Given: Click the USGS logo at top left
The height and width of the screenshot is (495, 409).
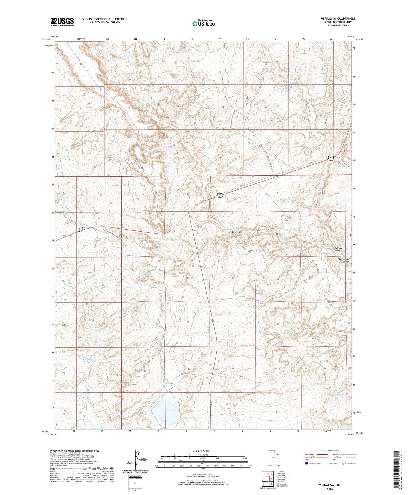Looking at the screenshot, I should point(62,22).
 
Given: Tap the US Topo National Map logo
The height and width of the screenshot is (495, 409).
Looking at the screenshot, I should point(203,23).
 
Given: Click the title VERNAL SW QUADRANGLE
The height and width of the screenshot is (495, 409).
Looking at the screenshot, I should point(338,19).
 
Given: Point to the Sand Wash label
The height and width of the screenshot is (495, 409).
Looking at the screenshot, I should point(237,232).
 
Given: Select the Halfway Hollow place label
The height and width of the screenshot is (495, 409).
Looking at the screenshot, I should point(338,249).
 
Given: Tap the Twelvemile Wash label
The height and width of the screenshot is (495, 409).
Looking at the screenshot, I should point(344,260).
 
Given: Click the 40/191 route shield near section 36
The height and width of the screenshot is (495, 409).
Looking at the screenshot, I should point(330,158).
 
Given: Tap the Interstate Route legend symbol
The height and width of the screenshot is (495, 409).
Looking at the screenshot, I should point(307,463).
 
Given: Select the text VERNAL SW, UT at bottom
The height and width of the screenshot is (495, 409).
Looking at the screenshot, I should point(330,485).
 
